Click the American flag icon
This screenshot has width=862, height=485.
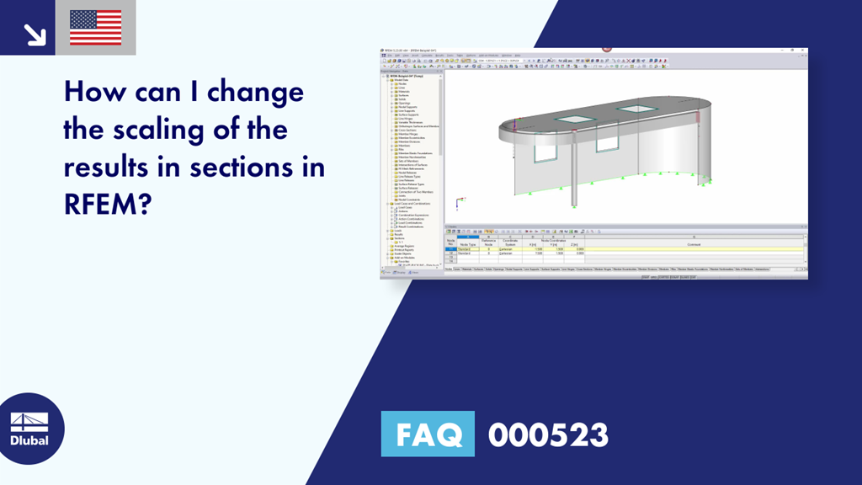tap(95, 28)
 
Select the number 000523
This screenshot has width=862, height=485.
tap(548, 434)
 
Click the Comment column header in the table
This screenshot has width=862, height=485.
tap(693, 244)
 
